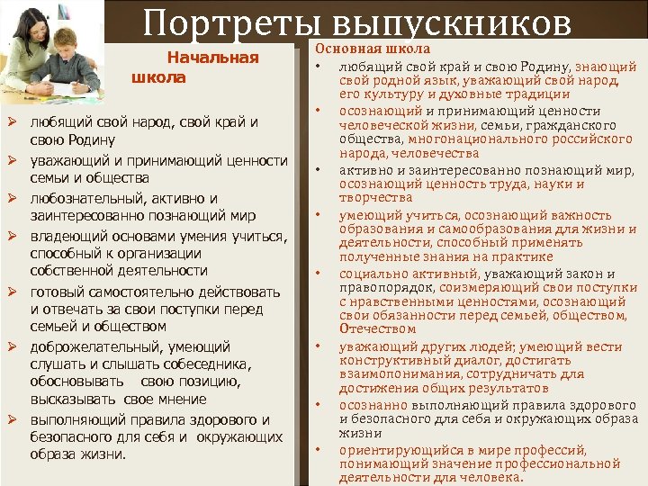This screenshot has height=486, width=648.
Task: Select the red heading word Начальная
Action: coord(213,58)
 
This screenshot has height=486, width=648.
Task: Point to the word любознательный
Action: coord(86,198)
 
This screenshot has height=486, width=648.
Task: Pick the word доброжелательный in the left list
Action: coord(97,346)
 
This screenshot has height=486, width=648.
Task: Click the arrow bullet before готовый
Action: coord(13,292)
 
